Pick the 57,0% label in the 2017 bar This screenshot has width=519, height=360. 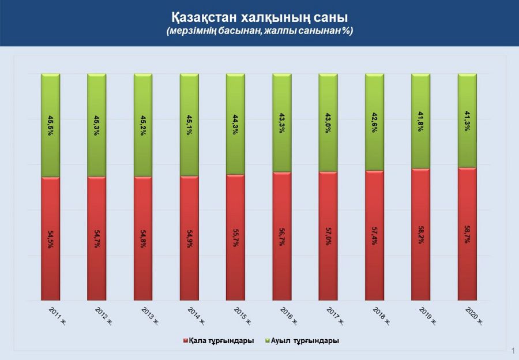click(x=328, y=237)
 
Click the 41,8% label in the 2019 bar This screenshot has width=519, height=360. click(x=420, y=123)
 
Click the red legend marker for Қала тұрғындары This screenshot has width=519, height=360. click(x=185, y=341)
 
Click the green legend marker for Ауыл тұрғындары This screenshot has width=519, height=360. click(x=268, y=341)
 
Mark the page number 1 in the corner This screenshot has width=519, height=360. click(x=512, y=350)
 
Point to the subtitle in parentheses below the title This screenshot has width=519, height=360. click(x=259, y=31)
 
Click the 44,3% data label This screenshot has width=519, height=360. click(x=235, y=125)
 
